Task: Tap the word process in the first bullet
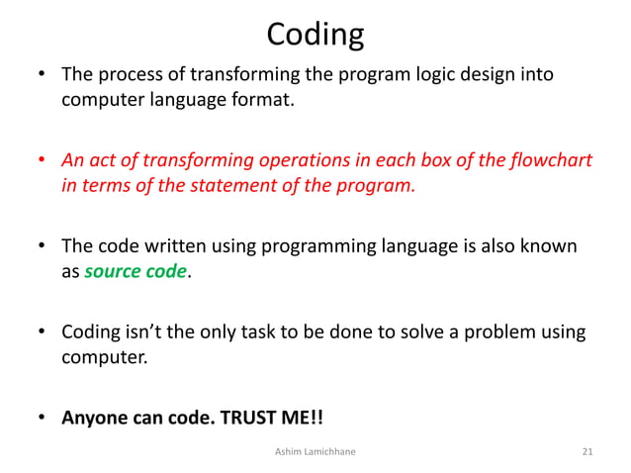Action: [x=128, y=75]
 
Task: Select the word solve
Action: [x=407, y=331]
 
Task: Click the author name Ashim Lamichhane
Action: [x=316, y=452]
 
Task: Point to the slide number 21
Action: [x=587, y=452]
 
